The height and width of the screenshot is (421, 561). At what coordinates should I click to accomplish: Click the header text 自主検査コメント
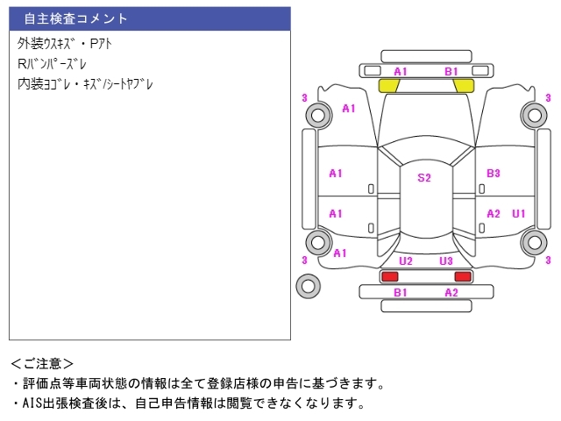(x=75, y=18)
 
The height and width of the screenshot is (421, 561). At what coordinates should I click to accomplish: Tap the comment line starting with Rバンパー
(x=53, y=64)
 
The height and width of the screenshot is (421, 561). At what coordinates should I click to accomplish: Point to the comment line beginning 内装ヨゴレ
(x=86, y=85)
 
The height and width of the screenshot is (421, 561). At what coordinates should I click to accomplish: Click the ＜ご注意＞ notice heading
(x=42, y=363)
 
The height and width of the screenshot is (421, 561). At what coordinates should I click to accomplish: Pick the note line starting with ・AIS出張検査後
(x=188, y=403)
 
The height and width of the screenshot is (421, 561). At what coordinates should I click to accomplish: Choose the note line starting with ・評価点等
(x=198, y=383)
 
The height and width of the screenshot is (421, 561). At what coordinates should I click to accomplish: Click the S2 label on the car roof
(x=424, y=178)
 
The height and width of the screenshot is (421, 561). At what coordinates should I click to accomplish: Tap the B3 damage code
(x=494, y=174)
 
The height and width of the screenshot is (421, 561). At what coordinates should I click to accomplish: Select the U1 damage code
(x=519, y=213)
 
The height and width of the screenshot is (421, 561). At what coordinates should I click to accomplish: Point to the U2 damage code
(x=406, y=261)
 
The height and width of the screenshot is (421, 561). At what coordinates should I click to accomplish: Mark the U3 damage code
(x=446, y=261)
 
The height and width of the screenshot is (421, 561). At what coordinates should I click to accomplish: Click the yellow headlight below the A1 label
(x=389, y=86)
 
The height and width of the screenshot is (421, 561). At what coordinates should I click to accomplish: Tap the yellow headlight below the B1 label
(x=463, y=86)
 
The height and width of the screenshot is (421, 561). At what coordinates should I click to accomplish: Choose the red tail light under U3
(x=462, y=276)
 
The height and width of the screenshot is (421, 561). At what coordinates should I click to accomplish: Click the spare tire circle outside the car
(x=308, y=284)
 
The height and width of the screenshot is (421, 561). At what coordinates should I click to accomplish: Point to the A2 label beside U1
(x=494, y=213)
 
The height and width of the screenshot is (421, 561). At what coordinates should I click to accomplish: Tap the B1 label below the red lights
(x=400, y=292)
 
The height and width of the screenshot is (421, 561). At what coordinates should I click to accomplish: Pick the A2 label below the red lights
(x=451, y=292)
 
